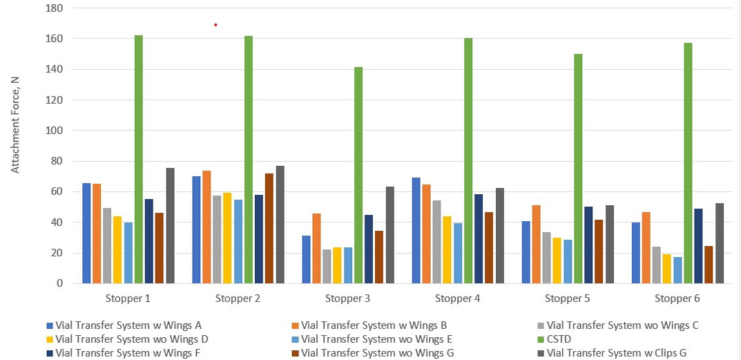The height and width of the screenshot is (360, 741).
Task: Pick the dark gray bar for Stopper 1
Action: pyautogui.click(x=170, y=225)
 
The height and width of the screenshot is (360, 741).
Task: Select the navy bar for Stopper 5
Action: pyautogui.click(x=588, y=245)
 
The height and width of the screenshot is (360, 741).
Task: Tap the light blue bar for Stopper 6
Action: pyautogui.click(x=677, y=269)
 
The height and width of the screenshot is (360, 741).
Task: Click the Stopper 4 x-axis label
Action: pyautogui.click(x=457, y=299)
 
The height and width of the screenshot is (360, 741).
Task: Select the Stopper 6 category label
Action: pyautogui.click(x=677, y=299)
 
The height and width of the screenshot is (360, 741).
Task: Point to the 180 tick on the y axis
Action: pyautogui.click(x=54, y=8)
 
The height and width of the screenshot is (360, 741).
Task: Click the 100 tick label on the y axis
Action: pyautogui.click(x=54, y=131)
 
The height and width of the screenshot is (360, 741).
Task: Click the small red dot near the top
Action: pyautogui.click(x=215, y=25)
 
